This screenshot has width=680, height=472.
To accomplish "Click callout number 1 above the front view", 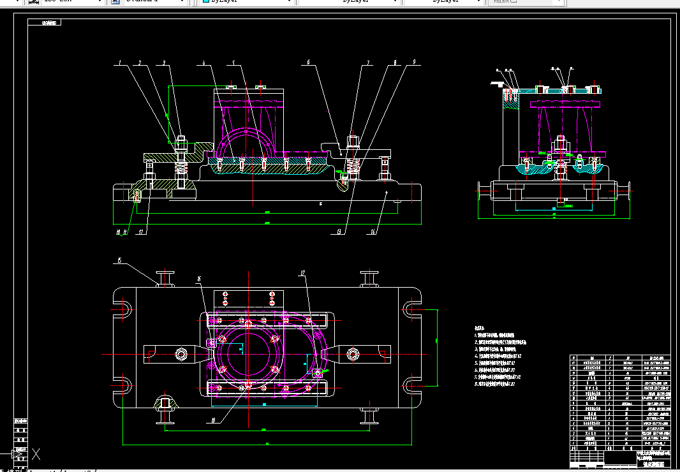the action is (x=119, y=63).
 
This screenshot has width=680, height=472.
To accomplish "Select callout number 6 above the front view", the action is (x=308, y=63).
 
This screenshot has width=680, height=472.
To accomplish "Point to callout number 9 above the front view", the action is (x=414, y=62).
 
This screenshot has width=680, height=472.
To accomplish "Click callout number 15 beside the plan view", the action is (x=119, y=260).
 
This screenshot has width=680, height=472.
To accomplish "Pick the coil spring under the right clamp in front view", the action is (x=353, y=167).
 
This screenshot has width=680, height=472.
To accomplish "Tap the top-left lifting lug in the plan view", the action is (x=166, y=279).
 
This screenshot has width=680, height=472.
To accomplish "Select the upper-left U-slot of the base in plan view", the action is (x=124, y=309).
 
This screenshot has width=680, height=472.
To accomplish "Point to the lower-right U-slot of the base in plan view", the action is (x=410, y=385).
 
